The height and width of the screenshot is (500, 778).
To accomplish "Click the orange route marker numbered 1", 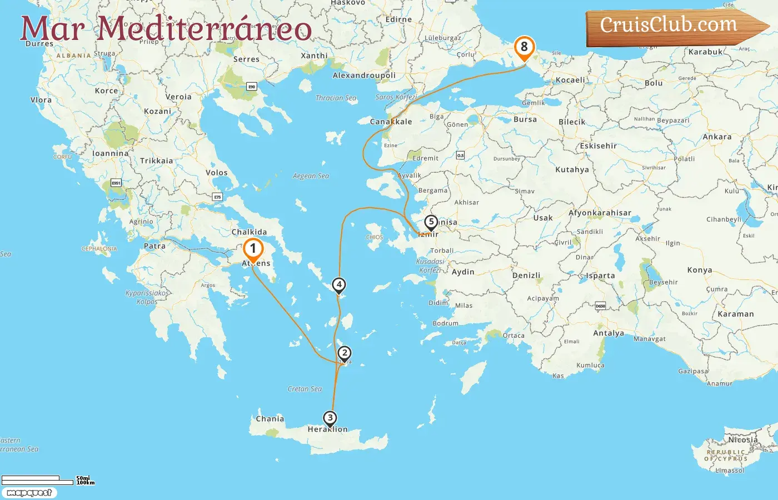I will [x=253, y=249].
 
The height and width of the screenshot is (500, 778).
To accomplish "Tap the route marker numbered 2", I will [x=345, y=353].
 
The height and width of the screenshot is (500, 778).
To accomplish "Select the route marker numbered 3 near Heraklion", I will [x=330, y=418].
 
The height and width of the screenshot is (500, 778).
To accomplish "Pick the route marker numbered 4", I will [x=339, y=285].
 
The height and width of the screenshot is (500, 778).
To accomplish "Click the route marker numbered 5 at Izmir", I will [x=431, y=222].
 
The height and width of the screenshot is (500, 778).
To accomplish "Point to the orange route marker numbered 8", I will [x=524, y=47].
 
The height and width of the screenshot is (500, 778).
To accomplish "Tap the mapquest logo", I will [x=29, y=493].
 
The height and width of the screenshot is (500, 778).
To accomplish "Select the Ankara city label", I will [x=717, y=137].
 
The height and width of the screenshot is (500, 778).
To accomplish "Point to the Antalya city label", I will [x=609, y=333].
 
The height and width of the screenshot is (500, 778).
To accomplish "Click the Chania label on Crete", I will [x=270, y=419].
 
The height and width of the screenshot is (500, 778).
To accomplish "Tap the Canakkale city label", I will [x=391, y=122].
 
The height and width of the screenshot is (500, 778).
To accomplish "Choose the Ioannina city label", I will [x=110, y=153].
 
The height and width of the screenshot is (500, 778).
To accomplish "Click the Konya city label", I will [x=700, y=270].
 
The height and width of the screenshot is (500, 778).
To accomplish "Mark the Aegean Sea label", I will [x=311, y=176].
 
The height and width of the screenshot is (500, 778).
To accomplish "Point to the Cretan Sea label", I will [x=305, y=389].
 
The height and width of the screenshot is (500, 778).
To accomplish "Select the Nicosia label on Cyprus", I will [x=743, y=439].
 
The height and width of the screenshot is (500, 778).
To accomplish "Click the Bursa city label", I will [x=525, y=119].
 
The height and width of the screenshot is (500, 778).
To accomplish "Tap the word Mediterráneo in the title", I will [x=205, y=29].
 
